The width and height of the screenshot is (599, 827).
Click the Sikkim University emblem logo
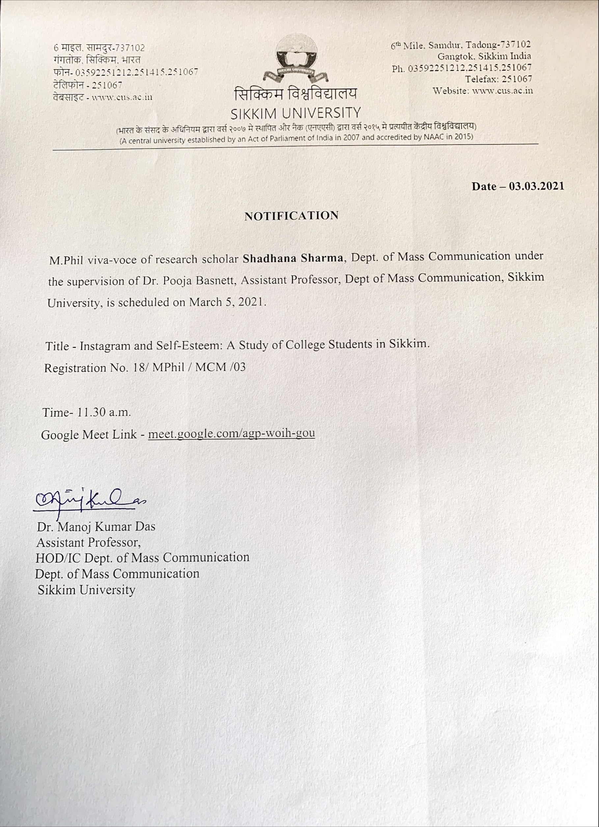(296, 61)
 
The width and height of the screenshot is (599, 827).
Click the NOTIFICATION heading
(291, 216)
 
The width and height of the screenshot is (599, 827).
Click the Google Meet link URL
(231, 433)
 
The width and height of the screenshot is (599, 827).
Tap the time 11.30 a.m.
(103, 412)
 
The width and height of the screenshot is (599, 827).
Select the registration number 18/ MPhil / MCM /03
(189, 367)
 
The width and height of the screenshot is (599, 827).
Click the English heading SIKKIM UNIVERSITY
(296, 113)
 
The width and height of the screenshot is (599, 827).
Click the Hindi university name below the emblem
(296, 94)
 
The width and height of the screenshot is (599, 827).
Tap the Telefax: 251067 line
(498, 79)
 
